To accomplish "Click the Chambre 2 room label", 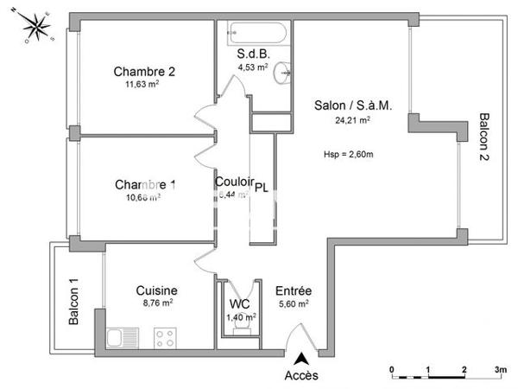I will point(145,72).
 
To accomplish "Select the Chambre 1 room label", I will point(146,184).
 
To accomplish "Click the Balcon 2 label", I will point(485,141).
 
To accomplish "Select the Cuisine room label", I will point(157,291).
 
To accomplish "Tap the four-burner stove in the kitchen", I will point(165,335).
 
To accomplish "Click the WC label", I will point(239,304).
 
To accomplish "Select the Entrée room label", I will point(294,291).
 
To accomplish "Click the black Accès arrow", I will point(300,358).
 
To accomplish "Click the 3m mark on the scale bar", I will point(500,369).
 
